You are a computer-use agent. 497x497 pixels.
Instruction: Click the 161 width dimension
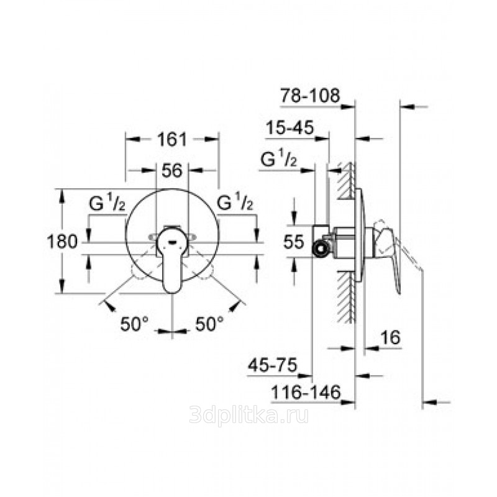click(173, 139)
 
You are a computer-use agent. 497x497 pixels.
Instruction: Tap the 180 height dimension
click(62, 242)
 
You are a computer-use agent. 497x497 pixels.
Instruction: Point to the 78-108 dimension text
click(309, 95)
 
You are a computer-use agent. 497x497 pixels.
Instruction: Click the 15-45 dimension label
click(290, 127)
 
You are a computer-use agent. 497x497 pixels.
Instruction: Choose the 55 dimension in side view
click(293, 242)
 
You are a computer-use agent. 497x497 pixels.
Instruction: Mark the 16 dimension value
click(390, 337)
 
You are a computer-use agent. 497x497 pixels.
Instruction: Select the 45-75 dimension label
click(272, 365)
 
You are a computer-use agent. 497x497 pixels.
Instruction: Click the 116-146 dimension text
click(306, 393)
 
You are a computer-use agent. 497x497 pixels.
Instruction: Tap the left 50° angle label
click(134, 324)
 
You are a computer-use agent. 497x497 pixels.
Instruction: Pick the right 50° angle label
click(209, 324)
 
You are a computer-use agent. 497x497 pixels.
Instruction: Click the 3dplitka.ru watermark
click(248, 415)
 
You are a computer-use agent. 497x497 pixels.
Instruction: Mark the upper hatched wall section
click(346, 180)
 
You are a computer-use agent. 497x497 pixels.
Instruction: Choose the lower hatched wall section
click(346, 296)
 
